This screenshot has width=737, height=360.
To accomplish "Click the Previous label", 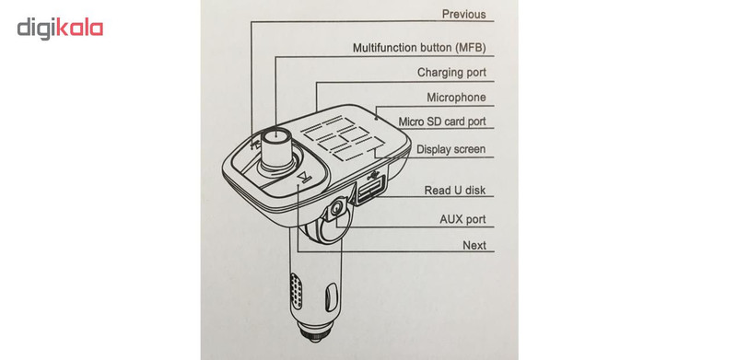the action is pyautogui.click(x=463, y=15).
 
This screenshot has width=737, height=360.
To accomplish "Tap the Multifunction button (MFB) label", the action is pyautogui.click(x=419, y=48).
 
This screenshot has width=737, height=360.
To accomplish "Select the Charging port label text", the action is pyautogui.click(x=451, y=73).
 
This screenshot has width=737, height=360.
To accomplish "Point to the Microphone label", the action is pyautogui.click(x=456, y=98).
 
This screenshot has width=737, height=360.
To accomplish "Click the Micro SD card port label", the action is pyautogui.click(x=442, y=122).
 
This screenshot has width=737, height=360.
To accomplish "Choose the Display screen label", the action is pyautogui.click(x=450, y=149).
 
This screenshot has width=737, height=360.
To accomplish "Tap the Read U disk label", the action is pyautogui.click(x=454, y=191).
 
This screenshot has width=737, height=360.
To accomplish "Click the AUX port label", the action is pyautogui.click(x=462, y=219).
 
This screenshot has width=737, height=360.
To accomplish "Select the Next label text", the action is pyautogui.click(x=474, y=245).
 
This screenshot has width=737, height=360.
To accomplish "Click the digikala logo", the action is pyautogui.click(x=60, y=29).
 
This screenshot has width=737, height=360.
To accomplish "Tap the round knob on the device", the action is pyautogui.click(x=276, y=148).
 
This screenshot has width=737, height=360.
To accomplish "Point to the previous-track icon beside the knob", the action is pyautogui.click(x=256, y=144).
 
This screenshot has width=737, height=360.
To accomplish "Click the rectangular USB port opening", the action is pyautogui.click(x=371, y=189).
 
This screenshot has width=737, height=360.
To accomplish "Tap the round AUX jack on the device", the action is pyautogui.click(x=336, y=208).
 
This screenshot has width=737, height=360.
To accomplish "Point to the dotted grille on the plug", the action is pyautogui.click(x=296, y=291).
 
